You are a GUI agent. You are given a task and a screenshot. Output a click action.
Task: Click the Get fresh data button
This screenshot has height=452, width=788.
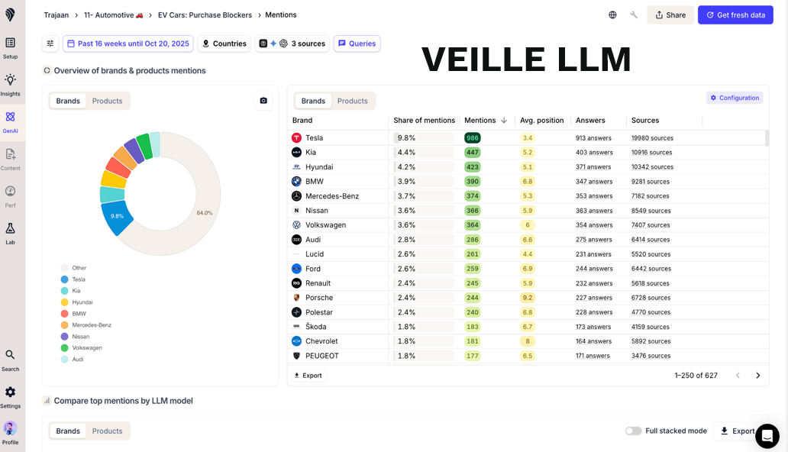coord(735,15)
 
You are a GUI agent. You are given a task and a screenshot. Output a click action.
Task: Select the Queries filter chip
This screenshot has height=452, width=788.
coord(357,44)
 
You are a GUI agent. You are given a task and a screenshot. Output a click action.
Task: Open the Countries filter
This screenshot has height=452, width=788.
coord(224,44)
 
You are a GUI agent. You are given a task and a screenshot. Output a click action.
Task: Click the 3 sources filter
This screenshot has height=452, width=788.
coord(292,44)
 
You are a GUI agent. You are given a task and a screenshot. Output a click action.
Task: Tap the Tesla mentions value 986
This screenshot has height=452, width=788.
coord(473,138)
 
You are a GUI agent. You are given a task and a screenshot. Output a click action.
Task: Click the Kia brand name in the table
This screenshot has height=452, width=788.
coord(311,153)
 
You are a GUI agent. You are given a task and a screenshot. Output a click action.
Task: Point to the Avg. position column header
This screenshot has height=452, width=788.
coord(541,121)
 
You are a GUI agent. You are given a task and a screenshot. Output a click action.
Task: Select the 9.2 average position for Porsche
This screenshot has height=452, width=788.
coord(527,298)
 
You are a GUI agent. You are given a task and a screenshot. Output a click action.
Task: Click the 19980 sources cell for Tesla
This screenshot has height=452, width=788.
coord(652,138)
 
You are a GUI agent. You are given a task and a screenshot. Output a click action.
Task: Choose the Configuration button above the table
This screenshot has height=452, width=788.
coord(734,98)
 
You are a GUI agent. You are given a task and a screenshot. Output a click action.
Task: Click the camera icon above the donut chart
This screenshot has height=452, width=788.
coord(263,101)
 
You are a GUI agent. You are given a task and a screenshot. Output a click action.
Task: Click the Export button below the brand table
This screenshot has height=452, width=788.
coord(308,376)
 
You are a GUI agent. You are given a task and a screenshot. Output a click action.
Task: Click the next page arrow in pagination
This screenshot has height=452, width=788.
coord(757,376)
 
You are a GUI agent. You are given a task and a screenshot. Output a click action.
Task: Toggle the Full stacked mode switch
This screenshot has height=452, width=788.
coord(633,431)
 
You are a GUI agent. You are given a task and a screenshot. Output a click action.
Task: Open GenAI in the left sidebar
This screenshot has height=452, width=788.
coord(10,121)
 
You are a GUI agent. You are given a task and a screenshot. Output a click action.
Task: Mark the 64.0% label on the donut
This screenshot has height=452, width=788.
coord(205,213)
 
